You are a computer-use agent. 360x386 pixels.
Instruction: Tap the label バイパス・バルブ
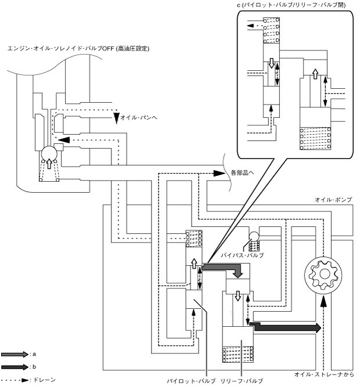coord(242,255)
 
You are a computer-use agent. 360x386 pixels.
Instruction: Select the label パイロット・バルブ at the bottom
coord(192,381)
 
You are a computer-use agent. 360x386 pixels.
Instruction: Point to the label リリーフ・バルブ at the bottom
coord(242,381)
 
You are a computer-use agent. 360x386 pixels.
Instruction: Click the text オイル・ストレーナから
coord(324,374)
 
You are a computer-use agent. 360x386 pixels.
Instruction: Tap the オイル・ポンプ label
coord(333,200)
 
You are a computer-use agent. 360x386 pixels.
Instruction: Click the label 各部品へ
coord(242,172)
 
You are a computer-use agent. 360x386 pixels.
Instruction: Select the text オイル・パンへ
coord(139,117)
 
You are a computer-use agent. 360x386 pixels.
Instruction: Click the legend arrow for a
coord(15,355)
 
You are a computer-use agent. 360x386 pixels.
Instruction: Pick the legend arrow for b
coord(15,367)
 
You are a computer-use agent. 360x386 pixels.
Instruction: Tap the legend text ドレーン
coord(44,380)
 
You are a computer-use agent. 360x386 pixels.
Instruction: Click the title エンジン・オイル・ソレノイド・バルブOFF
coord(61,49)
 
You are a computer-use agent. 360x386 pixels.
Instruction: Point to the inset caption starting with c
coord(291,5)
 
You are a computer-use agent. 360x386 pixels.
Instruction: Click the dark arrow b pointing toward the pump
coord(286,327)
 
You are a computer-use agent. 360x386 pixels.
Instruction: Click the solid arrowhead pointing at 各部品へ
coord(219,174)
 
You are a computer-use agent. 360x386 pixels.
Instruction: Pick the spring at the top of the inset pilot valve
coord(271,30)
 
